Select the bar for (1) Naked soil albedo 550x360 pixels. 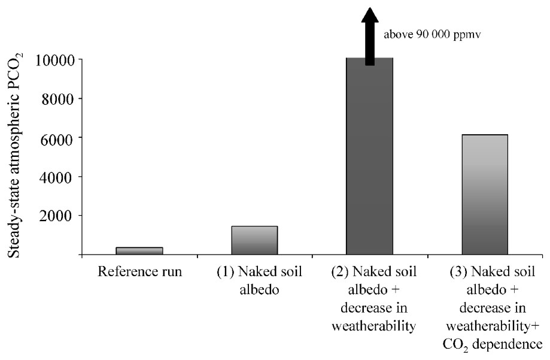pyautogui.click(x=254, y=240)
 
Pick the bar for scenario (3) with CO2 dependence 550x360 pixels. pyautogui.click(x=485, y=195)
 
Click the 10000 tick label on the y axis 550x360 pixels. pyautogui.click(x=54, y=60)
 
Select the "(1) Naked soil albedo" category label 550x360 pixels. pyautogui.click(x=259, y=280)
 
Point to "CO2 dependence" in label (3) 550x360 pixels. pyautogui.click(x=496, y=344)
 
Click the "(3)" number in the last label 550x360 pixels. pyautogui.click(x=458, y=272)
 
